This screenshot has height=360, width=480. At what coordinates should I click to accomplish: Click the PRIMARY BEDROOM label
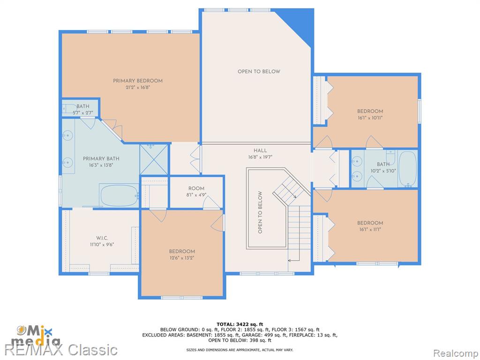pos(138,81)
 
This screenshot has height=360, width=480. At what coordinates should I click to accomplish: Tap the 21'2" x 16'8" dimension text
pos(138,88)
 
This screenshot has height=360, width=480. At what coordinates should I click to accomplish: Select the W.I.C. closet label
pos(102,238)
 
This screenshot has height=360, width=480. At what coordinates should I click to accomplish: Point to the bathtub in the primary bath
pos(119,195)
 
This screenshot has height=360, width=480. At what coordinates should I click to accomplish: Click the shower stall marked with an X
pos(154,160)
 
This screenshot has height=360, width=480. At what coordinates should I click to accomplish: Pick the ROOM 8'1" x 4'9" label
pos(196,192)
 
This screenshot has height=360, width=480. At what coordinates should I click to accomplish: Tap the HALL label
pos(260,150)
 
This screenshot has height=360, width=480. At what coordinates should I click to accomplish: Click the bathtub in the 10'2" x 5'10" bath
pos(408,169)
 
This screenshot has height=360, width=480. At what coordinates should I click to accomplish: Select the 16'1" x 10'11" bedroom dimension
pos(370,118)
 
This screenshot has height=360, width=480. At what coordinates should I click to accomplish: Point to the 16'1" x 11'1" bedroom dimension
pos(370,230)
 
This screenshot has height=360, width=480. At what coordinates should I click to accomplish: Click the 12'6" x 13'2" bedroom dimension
pos(182,258)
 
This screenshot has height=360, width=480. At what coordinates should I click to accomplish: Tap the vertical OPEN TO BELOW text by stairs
pos(260,212)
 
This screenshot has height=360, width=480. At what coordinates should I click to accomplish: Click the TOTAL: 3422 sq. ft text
pos(240,324)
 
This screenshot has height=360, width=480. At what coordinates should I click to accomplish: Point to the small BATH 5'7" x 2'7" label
pos(82,110)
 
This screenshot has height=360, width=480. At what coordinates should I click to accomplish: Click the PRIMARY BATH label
pos(101,158)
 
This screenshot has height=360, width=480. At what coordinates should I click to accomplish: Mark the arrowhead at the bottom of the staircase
pos(289,261)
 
